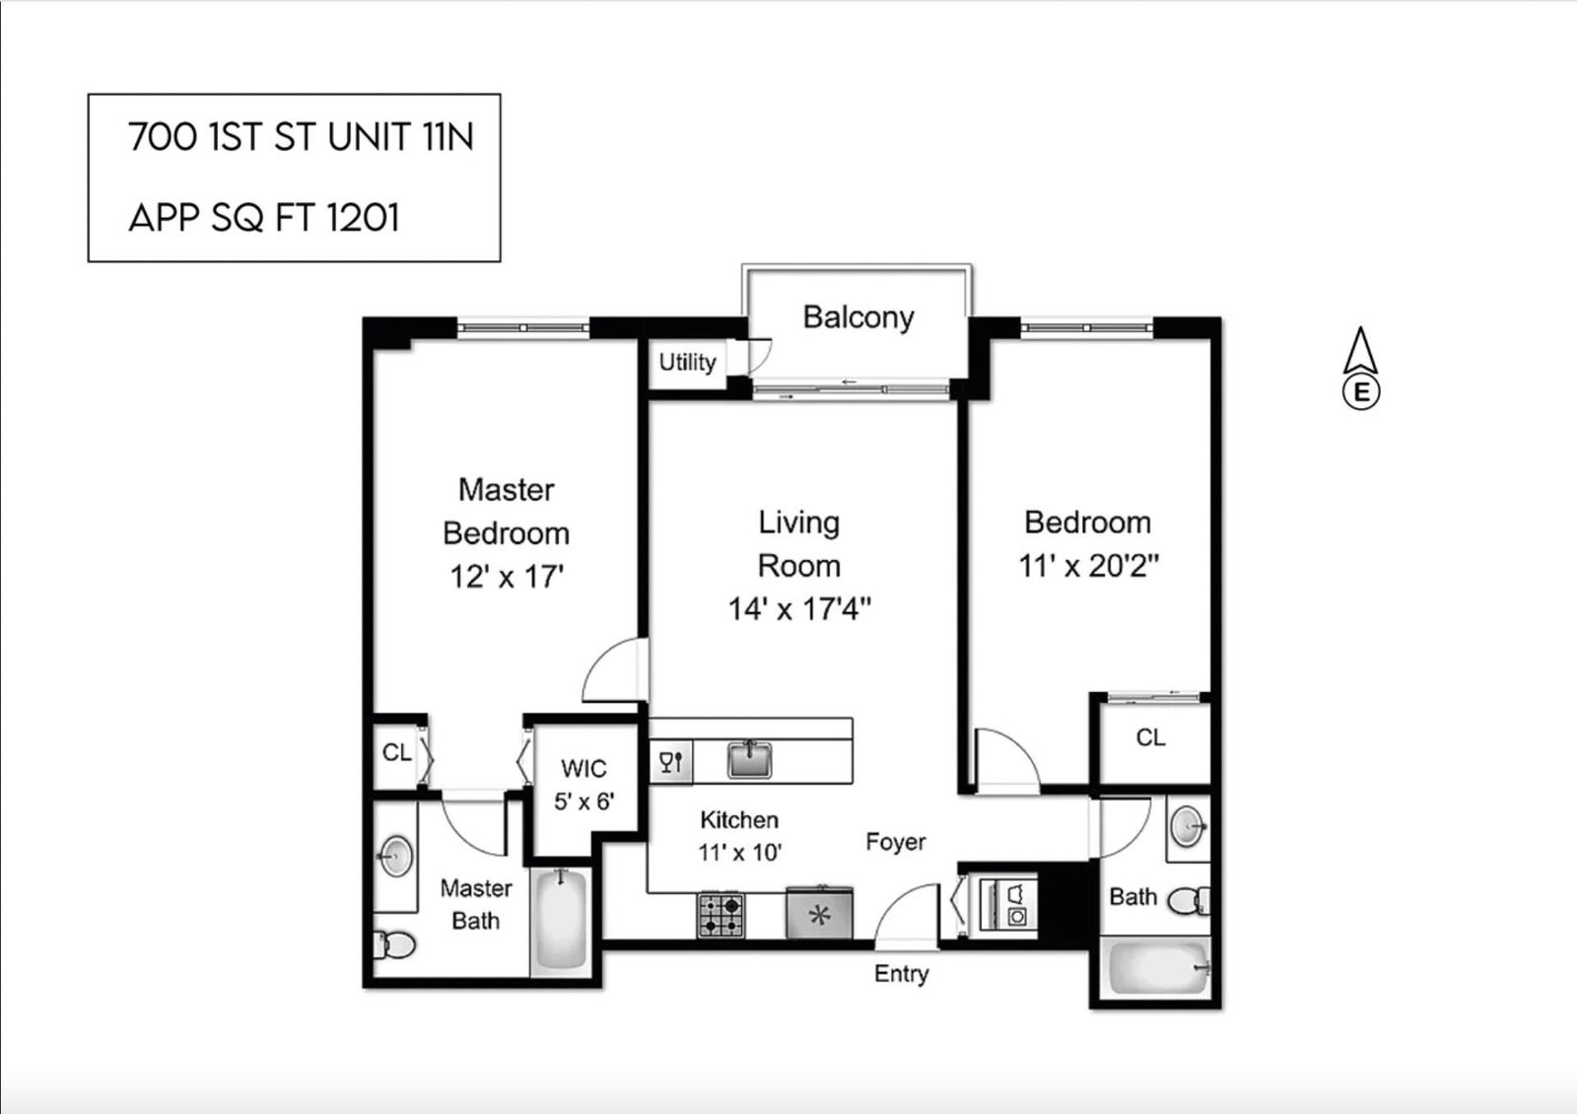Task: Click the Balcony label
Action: point(857,317)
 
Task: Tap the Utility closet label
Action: point(687,363)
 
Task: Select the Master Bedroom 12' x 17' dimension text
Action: point(507,577)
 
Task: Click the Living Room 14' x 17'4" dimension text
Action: point(799,609)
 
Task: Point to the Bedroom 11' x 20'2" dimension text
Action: point(1088,566)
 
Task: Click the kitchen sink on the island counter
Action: point(750,760)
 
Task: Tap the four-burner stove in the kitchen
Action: point(721,915)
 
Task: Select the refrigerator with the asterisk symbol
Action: point(819,914)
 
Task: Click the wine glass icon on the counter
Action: point(671,762)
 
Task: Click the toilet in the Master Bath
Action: point(394,945)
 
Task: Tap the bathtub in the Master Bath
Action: point(561,921)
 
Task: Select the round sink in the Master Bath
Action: point(396,856)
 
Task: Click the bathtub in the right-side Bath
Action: point(1157,968)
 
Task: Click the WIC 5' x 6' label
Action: point(583,785)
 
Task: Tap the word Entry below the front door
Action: point(901,974)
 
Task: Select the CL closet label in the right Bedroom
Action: point(1150,737)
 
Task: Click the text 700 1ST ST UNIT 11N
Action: point(301,137)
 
